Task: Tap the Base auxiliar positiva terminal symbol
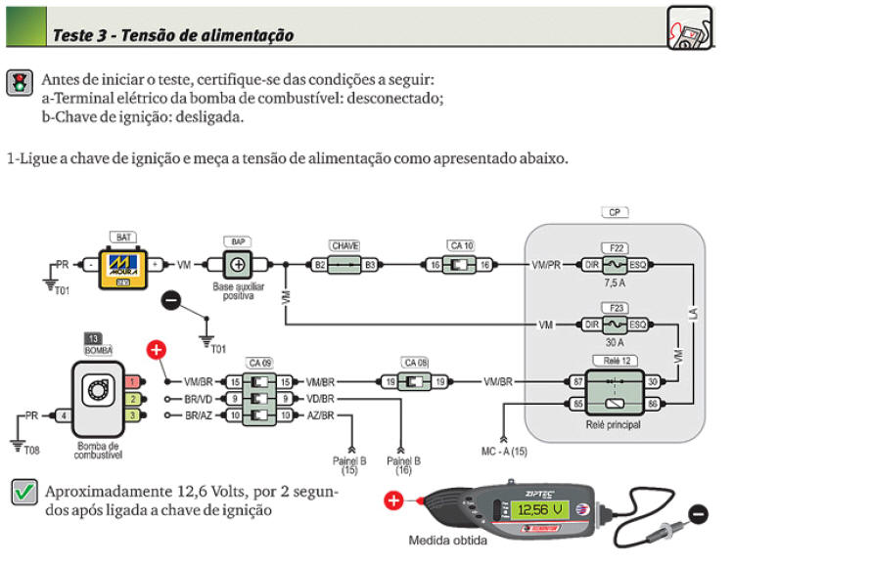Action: tap(236, 265)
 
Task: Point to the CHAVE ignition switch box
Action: tap(344, 264)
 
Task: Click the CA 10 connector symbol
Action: tap(460, 265)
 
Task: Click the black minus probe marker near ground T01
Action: tap(170, 301)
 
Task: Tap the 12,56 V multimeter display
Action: tap(541, 510)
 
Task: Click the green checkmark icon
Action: tap(23, 493)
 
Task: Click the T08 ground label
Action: tap(32, 450)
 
